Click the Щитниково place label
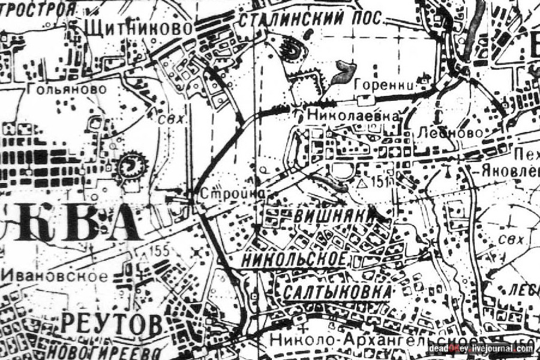tap(139, 28)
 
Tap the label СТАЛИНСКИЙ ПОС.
tap(310, 18)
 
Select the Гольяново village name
tap(67, 89)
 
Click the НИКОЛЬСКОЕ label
tap(295, 259)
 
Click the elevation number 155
tap(160, 251)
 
